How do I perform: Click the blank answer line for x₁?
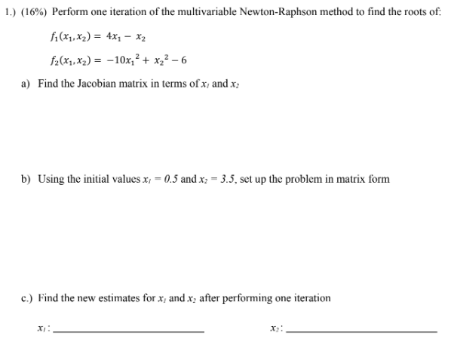pyautogui.click(x=129, y=332)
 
